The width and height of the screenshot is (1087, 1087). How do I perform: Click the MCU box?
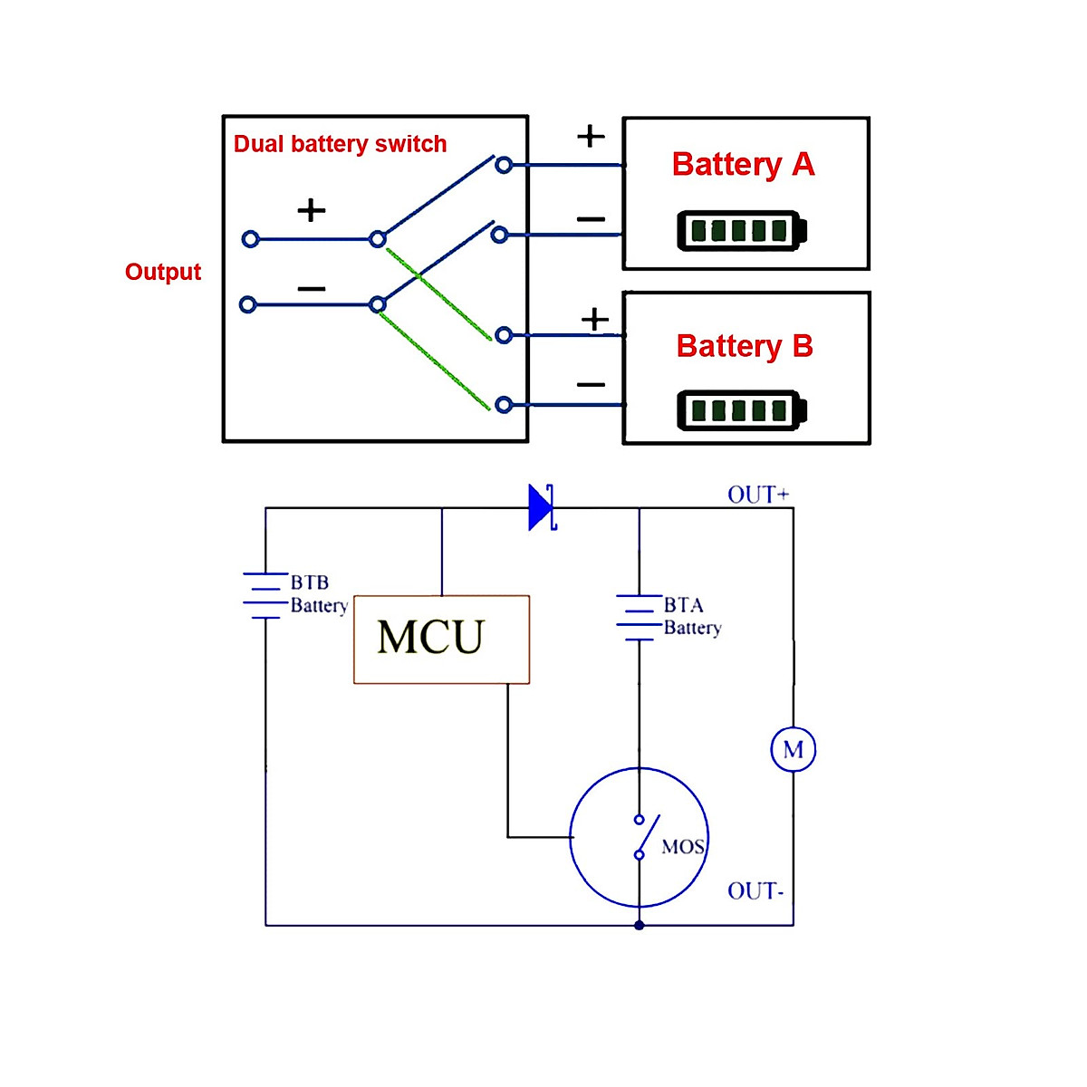coord(441,639)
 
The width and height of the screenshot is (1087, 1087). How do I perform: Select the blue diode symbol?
coord(542,507)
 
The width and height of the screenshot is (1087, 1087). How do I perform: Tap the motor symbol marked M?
coord(793,749)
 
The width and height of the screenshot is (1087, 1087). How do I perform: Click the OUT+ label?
coord(758,495)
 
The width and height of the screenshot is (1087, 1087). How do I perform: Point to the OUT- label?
coord(755,891)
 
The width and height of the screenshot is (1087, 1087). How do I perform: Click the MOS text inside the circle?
coord(683,847)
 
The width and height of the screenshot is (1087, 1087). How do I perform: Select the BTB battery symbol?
coord(265,595)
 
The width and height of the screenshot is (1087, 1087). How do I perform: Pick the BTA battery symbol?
coord(639,618)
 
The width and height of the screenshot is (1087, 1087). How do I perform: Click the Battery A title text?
coord(743,164)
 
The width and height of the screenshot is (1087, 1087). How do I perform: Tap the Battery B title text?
coord(745,346)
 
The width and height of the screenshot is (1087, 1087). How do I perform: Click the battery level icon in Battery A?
coord(741,230)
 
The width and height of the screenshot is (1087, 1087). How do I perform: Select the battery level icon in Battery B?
coord(741,410)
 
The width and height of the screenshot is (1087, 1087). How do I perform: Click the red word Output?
coord(163,272)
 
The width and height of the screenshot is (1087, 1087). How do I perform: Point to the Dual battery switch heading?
coord(340,144)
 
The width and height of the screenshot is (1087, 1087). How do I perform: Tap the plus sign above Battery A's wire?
coord(591,136)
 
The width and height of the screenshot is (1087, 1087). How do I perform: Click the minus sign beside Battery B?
coord(591,385)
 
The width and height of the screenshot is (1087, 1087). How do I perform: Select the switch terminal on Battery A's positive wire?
coord(505,165)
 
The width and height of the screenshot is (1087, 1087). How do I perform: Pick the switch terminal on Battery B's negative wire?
coord(505,405)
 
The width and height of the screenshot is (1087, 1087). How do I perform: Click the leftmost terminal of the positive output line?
coord(251,239)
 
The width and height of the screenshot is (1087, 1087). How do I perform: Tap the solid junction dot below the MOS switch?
coord(640,925)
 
